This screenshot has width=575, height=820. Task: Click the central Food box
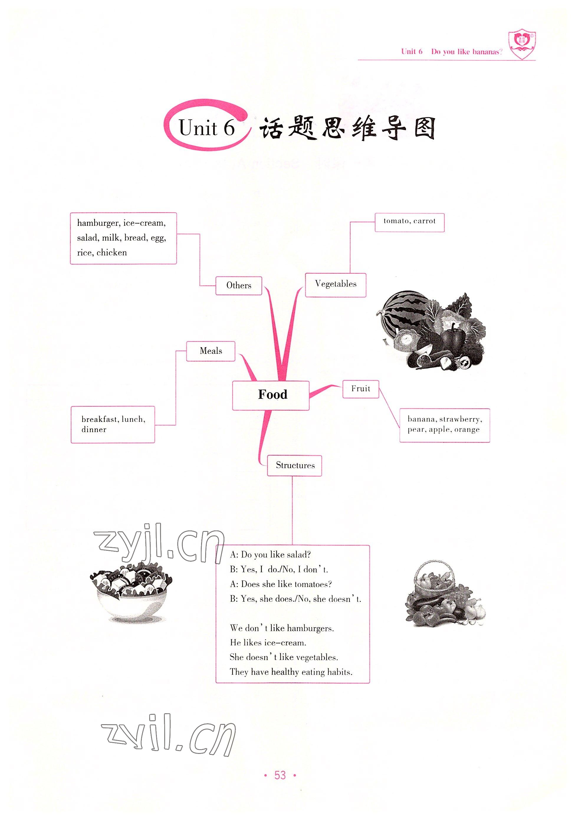[x=271, y=395]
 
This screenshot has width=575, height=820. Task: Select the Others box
[x=239, y=285]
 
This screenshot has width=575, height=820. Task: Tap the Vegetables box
[x=335, y=284]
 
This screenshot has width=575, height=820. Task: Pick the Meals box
[x=211, y=351]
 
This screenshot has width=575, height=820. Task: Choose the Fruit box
[x=360, y=389]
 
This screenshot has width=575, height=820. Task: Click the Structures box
[x=295, y=465]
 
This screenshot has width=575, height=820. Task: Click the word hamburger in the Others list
[x=98, y=223]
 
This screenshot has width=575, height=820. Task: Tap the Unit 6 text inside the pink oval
[x=206, y=128]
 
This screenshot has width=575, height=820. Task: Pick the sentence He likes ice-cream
[x=268, y=643]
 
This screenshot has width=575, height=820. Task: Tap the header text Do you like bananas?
[x=466, y=52]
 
